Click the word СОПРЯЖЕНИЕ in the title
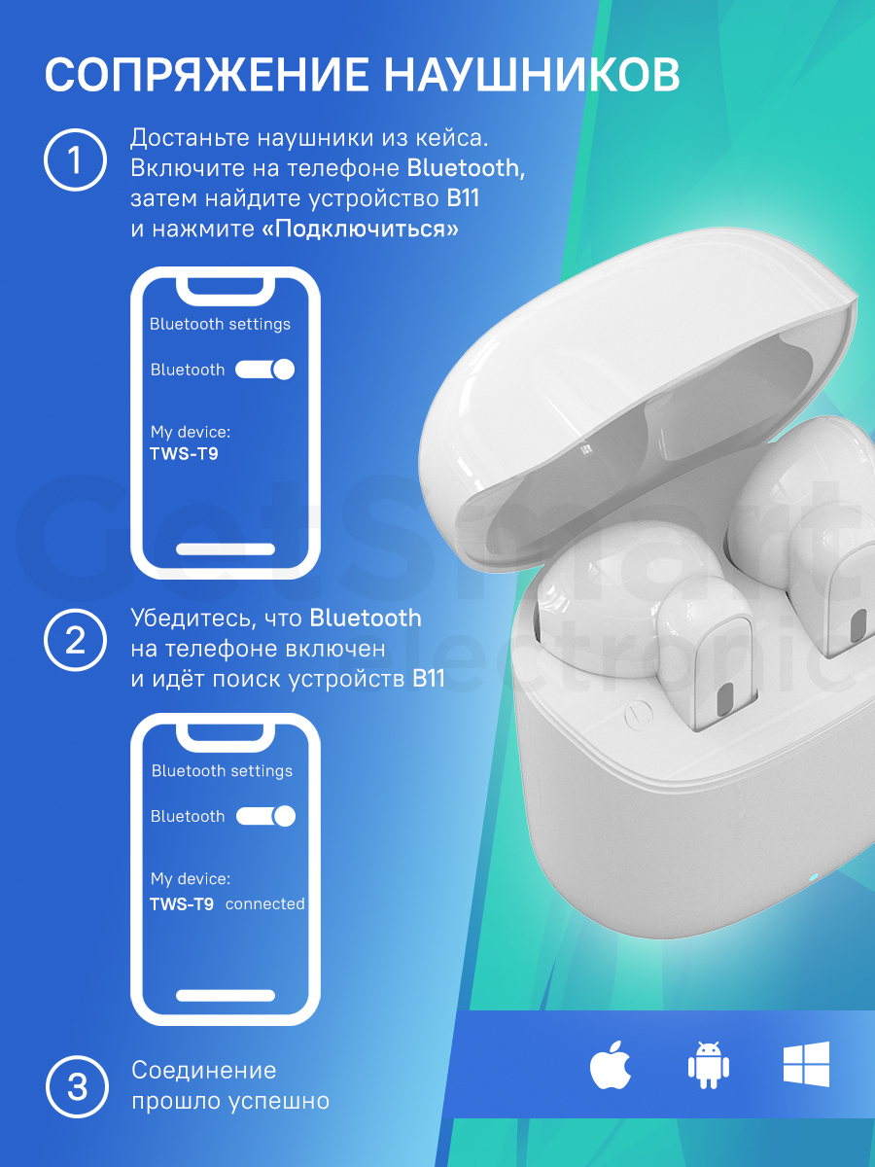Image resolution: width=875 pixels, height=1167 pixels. pyautogui.click(x=206, y=74)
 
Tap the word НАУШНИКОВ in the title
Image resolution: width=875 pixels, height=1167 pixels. pyautogui.click(x=532, y=74)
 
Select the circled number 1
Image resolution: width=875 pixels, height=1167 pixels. pyautogui.click(x=75, y=159)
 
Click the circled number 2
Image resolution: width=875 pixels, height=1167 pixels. pyautogui.click(x=75, y=640)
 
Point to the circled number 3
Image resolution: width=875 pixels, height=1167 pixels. pyautogui.click(x=77, y=1086)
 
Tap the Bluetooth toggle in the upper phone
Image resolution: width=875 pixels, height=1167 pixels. pyautogui.click(x=264, y=370)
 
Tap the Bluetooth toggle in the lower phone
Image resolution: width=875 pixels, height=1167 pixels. pyautogui.click(x=265, y=816)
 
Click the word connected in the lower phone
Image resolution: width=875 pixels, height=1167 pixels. pyautogui.click(x=265, y=903)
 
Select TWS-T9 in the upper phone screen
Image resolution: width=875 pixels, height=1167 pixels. pyautogui.click(x=184, y=454)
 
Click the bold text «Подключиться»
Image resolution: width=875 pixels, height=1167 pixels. pyautogui.click(x=360, y=230)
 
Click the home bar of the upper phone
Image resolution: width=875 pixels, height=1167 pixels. pyautogui.click(x=226, y=549)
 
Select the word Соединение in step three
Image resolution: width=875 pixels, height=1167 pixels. pyautogui.click(x=204, y=1071)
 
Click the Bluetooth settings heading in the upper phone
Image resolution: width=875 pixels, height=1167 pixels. pyautogui.click(x=220, y=324)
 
